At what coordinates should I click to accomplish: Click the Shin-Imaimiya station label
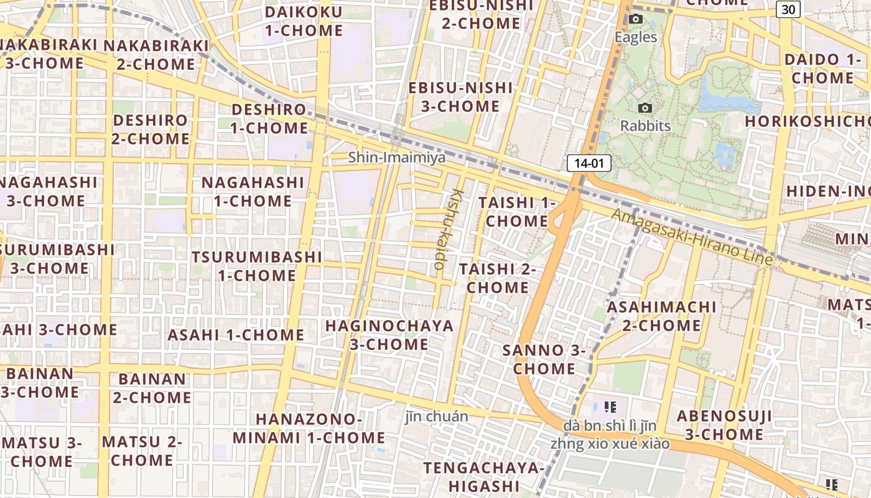coord(396,157)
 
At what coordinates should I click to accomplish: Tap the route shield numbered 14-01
coord(589,164)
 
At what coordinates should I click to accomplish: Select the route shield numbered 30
coord(788,9)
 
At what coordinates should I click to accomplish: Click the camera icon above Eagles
coord(635,19)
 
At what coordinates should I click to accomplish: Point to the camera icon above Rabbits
coord(645,108)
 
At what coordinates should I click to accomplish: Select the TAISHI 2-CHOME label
coord(498,278)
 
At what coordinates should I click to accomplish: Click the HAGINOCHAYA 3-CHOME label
coord(389,335)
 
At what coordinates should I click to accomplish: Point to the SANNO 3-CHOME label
coord(544,359)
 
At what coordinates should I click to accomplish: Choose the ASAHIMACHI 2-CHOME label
coord(661,316)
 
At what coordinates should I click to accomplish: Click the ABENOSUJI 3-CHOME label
coord(724,425)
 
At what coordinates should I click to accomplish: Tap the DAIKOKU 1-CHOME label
coord(304,21)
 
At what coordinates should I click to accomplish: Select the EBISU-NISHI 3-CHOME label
coord(460,97)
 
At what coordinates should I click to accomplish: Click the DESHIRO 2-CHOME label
coord(150,129)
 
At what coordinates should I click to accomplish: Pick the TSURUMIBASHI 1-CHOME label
coord(257,266)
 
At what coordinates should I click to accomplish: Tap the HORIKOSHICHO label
coord(807,121)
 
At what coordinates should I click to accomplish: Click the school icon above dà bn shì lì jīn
coord(610,408)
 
